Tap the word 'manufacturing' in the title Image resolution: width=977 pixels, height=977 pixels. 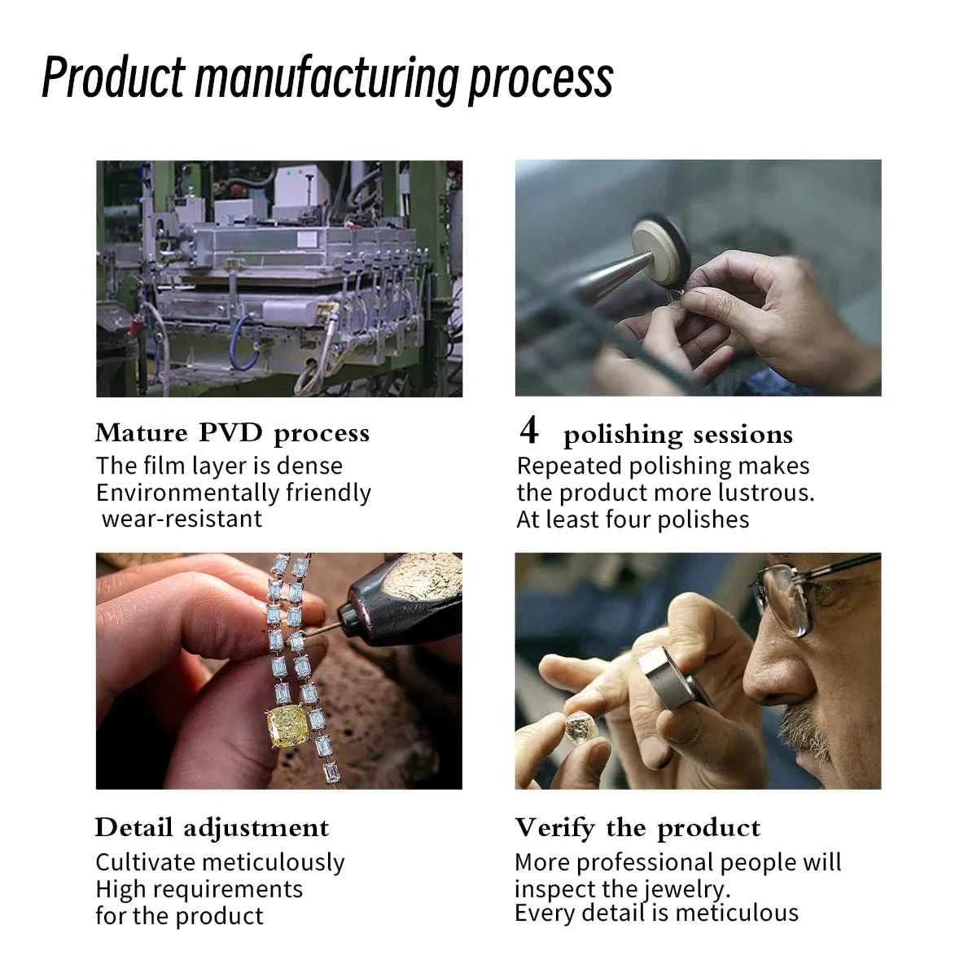326,80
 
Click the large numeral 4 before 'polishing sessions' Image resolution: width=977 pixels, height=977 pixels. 528,430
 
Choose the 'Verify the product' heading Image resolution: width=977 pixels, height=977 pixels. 637,829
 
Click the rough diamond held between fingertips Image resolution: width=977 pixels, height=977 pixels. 581,729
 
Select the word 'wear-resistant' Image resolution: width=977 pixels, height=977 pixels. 182,519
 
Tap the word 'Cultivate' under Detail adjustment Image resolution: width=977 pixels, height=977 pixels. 147,862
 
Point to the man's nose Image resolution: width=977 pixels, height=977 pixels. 765,674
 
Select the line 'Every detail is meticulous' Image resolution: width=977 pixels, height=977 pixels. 656,913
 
